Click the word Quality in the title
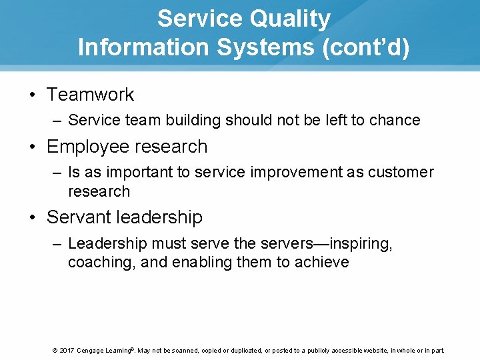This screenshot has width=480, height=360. [290, 19]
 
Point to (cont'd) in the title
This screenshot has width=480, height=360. [366, 47]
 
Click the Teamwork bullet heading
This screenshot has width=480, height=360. [90, 95]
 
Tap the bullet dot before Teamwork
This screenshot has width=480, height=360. [33, 95]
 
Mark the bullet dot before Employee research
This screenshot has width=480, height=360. [33, 147]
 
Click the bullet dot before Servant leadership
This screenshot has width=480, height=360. [33, 217]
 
